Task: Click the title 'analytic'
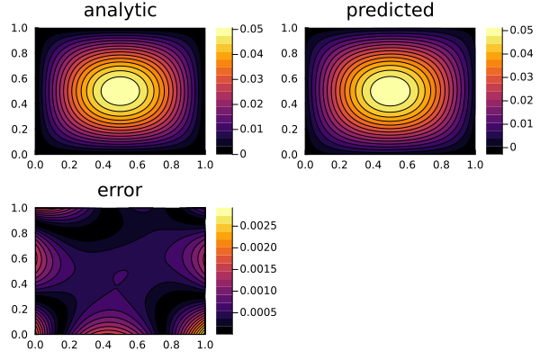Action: click(120, 11)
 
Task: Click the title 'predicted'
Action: click(390, 11)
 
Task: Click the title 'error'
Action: click(120, 190)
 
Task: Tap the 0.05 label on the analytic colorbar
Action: click(253, 30)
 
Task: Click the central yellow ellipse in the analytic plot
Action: click(120, 90)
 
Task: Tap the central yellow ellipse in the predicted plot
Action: click(390, 90)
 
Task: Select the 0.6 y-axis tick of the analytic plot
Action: click(21, 78)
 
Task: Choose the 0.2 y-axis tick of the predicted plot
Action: click(291, 129)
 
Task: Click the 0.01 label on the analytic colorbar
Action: click(253, 129)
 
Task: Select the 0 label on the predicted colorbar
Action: click(514, 146)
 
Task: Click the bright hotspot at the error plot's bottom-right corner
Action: click(202, 329)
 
